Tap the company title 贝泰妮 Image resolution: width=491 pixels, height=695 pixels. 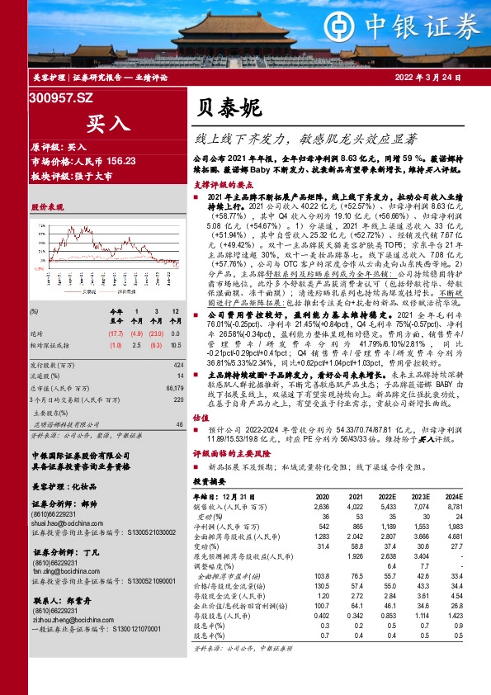coord(229,107)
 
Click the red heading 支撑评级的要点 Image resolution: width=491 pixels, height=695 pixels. coord(225,185)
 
